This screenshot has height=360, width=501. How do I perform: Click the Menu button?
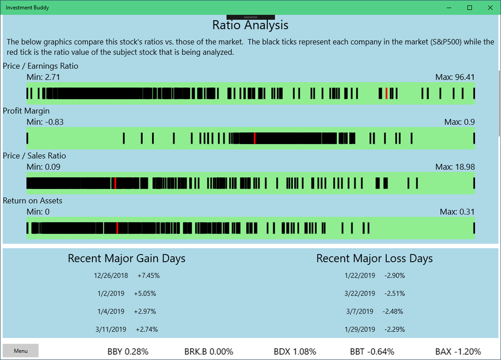[x=21, y=351]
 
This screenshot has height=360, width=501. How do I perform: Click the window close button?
[x=490, y=7]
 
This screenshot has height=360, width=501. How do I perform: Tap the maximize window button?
[x=469, y=7]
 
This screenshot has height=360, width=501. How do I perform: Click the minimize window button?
[x=449, y=7]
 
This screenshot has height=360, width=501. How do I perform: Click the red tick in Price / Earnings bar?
[x=386, y=93]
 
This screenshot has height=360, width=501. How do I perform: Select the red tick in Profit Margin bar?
[x=255, y=138]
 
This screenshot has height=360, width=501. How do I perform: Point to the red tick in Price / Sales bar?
[x=115, y=183]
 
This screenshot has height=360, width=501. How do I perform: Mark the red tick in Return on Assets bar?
[x=117, y=228]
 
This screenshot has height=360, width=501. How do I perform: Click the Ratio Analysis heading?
[x=250, y=25]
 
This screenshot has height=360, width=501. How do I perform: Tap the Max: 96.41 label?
[x=455, y=77]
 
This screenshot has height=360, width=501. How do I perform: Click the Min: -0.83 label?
[x=45, y=122]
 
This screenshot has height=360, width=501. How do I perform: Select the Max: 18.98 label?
[x=455, y=167]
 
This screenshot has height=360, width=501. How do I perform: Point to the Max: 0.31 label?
[x=457, y=211]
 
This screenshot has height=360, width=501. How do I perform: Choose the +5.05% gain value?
[x=145, y=293]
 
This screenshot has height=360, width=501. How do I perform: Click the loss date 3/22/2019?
[x=360, y=293]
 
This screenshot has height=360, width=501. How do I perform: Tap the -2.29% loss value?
[x=394, y=329]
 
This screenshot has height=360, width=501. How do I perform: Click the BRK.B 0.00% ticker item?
[x=209, y=351]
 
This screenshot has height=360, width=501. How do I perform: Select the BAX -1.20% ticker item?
[x=458, y=351]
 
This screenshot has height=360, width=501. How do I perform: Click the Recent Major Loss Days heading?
[x=374, y=258]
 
